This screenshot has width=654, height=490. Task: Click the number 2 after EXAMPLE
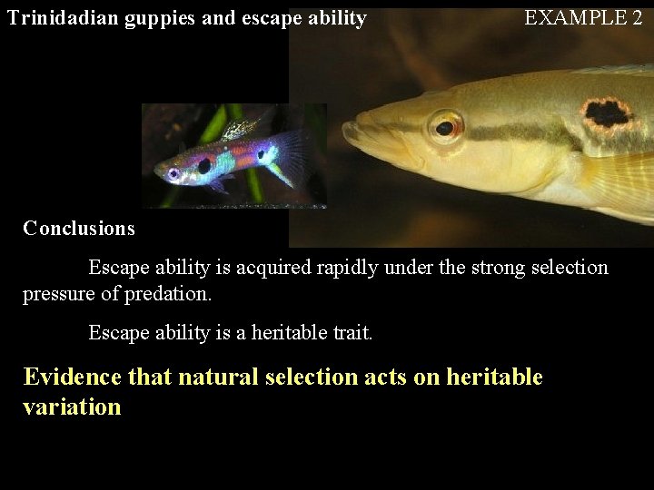click(x=636, y=17)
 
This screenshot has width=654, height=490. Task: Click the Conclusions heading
click(x=79, y=229)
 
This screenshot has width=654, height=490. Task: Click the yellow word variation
click(x=72, y=407)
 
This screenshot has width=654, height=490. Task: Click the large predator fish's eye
click(x=444, y=127)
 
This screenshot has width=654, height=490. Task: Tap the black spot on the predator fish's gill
click(x=607, y=113)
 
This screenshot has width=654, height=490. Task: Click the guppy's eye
click(x=173, y=172)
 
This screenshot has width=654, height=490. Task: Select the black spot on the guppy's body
click(x=204, y=166)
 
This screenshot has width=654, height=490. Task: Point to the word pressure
click(x=56, y=294)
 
